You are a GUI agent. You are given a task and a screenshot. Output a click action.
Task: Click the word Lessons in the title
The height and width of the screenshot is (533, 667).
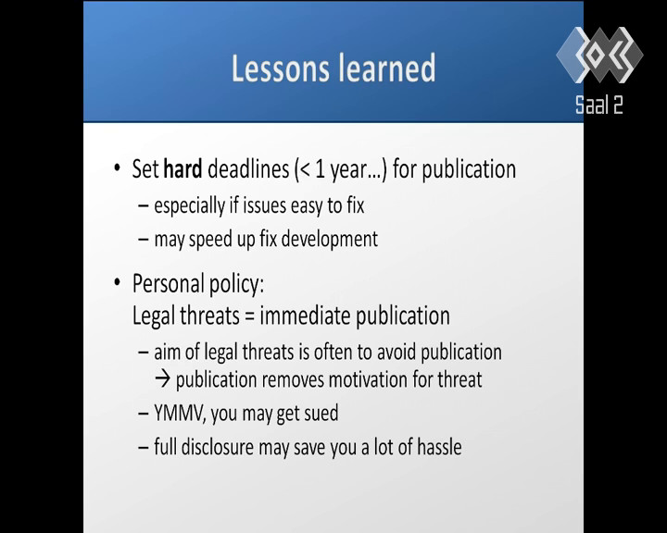281,68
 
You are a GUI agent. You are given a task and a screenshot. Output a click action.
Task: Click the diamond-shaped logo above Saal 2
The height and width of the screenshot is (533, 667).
599,55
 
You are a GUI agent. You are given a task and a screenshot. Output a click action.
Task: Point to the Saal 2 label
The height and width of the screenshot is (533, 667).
599,105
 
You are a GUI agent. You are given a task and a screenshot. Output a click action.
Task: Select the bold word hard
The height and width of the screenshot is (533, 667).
182,168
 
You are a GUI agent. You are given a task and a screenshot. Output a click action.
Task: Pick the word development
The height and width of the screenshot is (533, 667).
330,240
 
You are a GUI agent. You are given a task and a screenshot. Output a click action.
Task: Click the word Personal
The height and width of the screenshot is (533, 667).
166,283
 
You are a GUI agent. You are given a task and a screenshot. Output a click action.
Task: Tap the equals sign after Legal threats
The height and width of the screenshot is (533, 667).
250,317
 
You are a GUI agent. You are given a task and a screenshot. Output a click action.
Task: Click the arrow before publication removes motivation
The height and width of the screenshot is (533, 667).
162,379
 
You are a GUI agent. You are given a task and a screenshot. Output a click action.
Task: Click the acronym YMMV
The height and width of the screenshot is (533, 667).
178,413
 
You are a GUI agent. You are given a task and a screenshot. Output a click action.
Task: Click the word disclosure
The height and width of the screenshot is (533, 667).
217,447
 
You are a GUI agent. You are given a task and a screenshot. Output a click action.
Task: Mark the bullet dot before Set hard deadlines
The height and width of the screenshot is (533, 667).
118,167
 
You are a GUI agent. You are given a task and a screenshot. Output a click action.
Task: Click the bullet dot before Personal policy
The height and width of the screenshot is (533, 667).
118,282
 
